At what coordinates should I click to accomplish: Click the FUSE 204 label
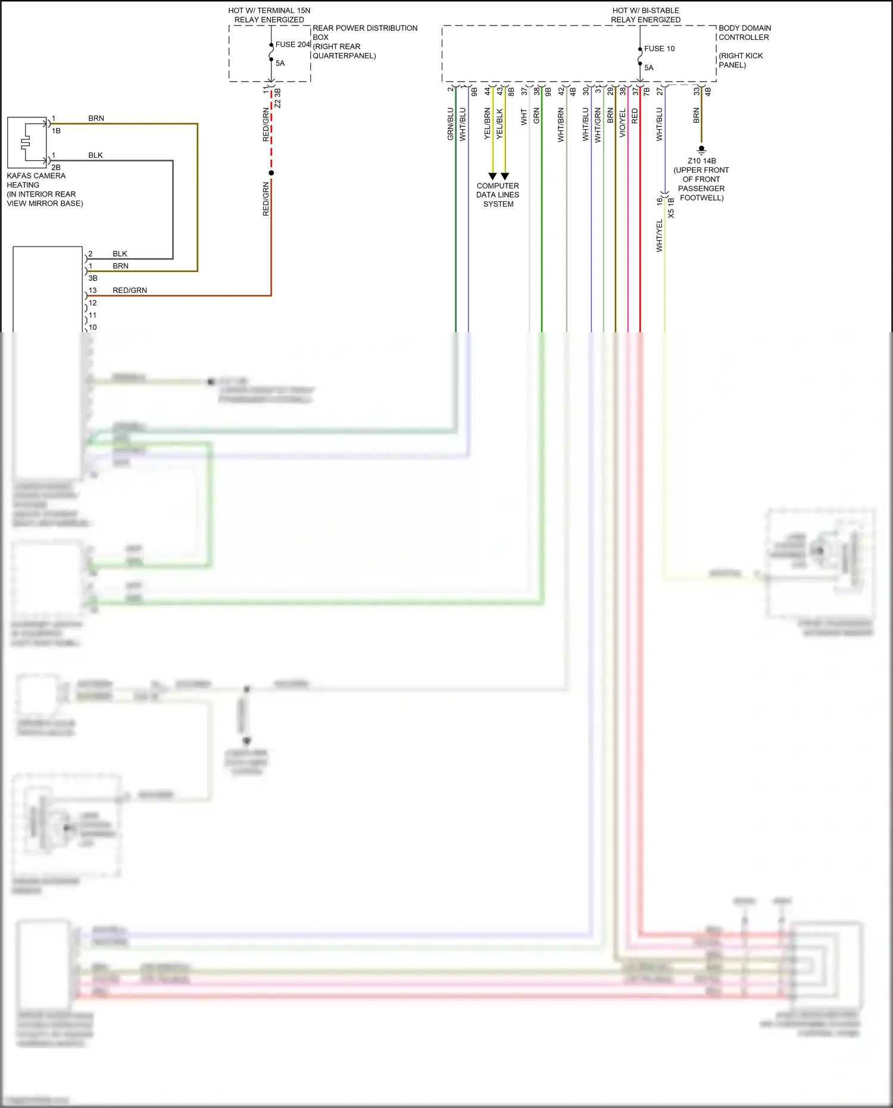coord(292,45)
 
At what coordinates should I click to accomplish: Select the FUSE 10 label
coord(659,49)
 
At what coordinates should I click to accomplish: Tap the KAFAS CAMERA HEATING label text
coord(36,180)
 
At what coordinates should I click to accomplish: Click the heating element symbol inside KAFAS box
coord(26,143)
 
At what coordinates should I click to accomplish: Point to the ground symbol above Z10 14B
coord(701,149)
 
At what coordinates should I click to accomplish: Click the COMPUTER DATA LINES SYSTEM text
coord(498,195)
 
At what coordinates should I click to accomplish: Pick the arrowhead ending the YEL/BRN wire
coord(492,176)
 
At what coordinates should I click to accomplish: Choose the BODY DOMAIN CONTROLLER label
coord(744,33)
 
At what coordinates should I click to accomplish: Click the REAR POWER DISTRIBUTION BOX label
coord(364,33)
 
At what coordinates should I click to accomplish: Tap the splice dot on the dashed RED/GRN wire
coord(271,173)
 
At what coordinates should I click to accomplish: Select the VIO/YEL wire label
coord(622,123)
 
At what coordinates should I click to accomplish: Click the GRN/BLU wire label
coord(450,124)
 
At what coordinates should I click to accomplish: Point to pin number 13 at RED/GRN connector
coord(92,291)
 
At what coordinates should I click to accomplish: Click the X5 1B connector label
coord(671,208)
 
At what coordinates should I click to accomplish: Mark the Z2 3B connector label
coord(277,98)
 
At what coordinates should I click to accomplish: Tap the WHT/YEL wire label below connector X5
coord(659,235)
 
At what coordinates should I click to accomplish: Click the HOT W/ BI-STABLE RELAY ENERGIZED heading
coord(645,15)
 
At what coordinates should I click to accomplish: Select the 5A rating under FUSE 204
coord(280,63)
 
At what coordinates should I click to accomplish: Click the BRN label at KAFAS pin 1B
coord(96,118)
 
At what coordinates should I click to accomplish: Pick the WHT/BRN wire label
coord(561,124)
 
